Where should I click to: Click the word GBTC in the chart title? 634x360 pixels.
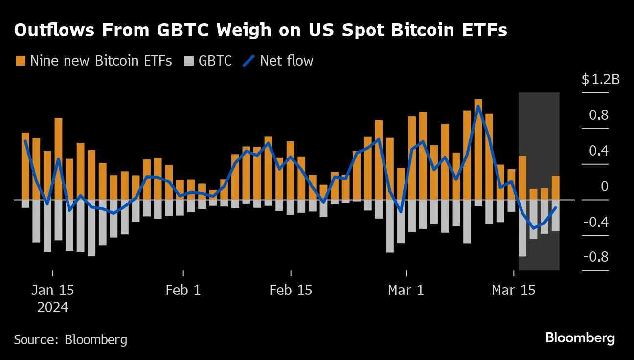point(181,31)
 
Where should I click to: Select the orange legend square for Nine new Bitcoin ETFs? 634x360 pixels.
point(20,61)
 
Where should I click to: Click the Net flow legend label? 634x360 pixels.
point(287,61)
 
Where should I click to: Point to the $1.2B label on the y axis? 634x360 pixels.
point(600,80)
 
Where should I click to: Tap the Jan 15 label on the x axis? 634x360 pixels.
point(52,290)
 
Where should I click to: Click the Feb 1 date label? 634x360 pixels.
point(183,290)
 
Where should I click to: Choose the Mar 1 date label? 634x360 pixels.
point(406,290)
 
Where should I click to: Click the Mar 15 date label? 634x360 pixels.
point(514,290)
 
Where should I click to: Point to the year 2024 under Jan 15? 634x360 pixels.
point(52,308)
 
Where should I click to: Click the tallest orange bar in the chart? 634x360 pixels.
point(478,149)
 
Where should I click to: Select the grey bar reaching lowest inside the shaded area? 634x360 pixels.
point(522,228)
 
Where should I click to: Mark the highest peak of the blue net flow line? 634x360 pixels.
point(478,106)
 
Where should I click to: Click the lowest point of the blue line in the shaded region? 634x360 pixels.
point(533,228)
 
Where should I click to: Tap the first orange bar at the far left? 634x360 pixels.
point(25,166)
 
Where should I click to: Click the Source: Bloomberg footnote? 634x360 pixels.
point(70,340)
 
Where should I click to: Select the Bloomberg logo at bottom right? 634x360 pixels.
point(580,338)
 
